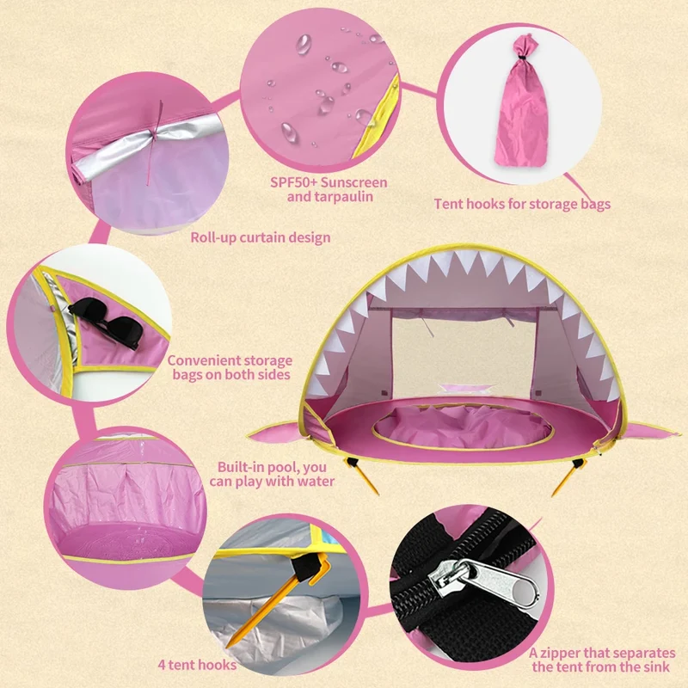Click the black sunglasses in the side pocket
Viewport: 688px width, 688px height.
click(x=105, y=322)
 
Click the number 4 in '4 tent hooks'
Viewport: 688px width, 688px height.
click(x=162, y=665)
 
